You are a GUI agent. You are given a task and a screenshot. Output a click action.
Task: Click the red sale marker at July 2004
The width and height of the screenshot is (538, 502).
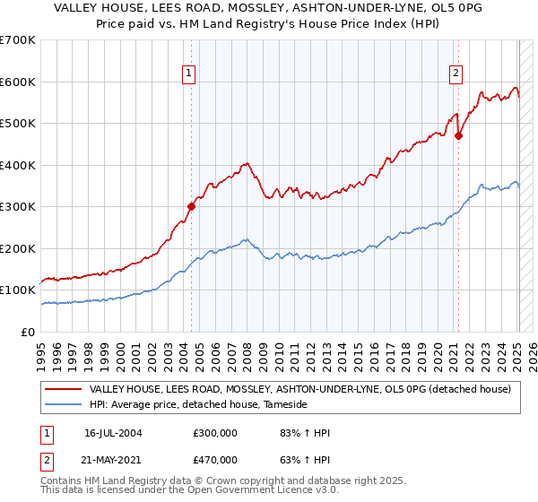pos(191,206)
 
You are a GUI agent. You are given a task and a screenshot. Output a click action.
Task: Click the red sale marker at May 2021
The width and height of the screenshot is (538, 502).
pos(458,136)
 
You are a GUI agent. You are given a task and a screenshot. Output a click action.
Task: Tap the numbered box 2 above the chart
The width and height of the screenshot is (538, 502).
pos(456,74)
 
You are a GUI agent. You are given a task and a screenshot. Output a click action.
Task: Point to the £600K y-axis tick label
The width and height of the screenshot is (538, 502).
pos(18,82)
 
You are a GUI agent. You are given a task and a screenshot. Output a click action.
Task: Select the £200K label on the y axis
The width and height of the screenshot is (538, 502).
pos(18,248)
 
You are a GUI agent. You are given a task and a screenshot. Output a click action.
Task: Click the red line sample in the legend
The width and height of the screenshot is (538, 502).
pos(64,389)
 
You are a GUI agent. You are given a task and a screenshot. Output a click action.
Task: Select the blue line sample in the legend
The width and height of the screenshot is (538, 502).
pos(64,405)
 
